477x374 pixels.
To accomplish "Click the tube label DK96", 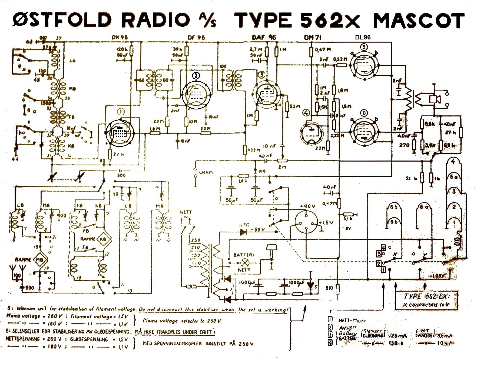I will pyautogui.click(x=120, y=38).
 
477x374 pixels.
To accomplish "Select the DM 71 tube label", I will pyautogui.click(x=313, y=38).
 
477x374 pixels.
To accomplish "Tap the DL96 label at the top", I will pyautogui.click(x=363, y=38).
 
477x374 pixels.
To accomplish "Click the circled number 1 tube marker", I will pyautogui.click(x=121, y=112).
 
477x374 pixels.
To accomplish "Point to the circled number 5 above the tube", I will pyautogui.click(x=364, y=47).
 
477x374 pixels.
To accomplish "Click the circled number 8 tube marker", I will pyautogui.click(x=364, y=113).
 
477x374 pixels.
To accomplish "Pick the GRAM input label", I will pyautogui.click(x=206, y=172).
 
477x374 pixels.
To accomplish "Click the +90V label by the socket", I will pyautogui.click(x=307, y=206).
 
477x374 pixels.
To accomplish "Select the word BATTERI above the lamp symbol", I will pyautogui.click(x=244, y=255).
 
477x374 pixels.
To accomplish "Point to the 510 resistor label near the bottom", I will pyautogui.click(x=329, y=288).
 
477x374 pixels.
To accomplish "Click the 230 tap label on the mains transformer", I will pyautogui.click(x=196, y=240).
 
